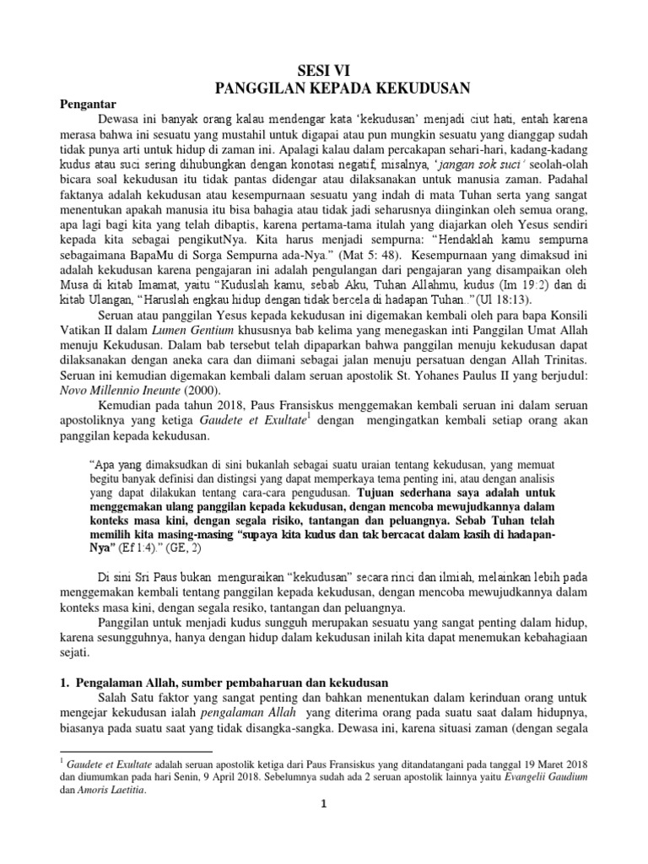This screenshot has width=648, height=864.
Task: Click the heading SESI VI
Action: point(324,71)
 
